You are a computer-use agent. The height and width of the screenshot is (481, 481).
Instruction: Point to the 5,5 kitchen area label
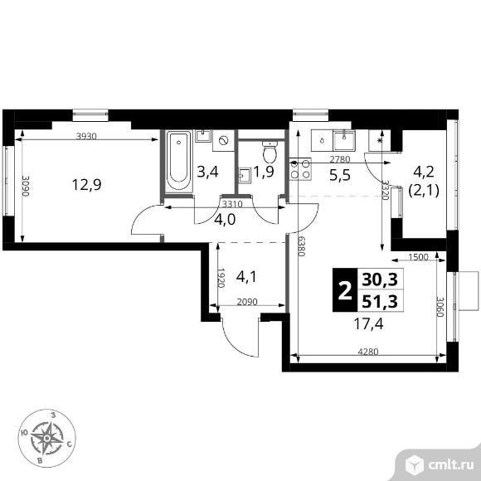click(340, 175)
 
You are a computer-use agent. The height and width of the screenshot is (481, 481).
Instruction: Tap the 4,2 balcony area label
click(423, 172)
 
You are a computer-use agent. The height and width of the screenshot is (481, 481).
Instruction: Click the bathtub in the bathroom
click(177, 162)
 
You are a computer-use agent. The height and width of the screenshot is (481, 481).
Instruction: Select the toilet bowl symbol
click(270, 153)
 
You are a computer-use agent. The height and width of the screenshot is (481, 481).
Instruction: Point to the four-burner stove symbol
click(299, 168)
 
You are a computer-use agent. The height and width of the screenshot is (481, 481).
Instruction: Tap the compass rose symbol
click(47, 435)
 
